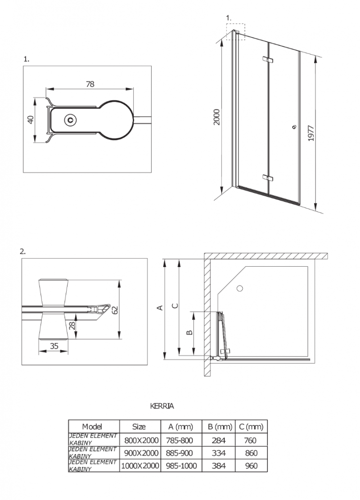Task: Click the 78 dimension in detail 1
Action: click(x=90, y=84)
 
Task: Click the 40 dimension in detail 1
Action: click(x=31, y=120)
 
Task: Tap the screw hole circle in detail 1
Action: click(x=70, y=120)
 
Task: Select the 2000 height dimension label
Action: click(x=216, y=116)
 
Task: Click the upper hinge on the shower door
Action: click(x=268, y=59)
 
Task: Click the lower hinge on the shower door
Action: click(x=268, y=178)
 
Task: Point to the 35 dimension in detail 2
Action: click(x=54, y=346)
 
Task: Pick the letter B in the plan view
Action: click(x=189, y=332)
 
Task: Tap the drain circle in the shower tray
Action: click(x=239, y=288)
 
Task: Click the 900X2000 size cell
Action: click(x=139, y=453)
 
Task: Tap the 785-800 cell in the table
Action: click(x=180, y=440)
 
